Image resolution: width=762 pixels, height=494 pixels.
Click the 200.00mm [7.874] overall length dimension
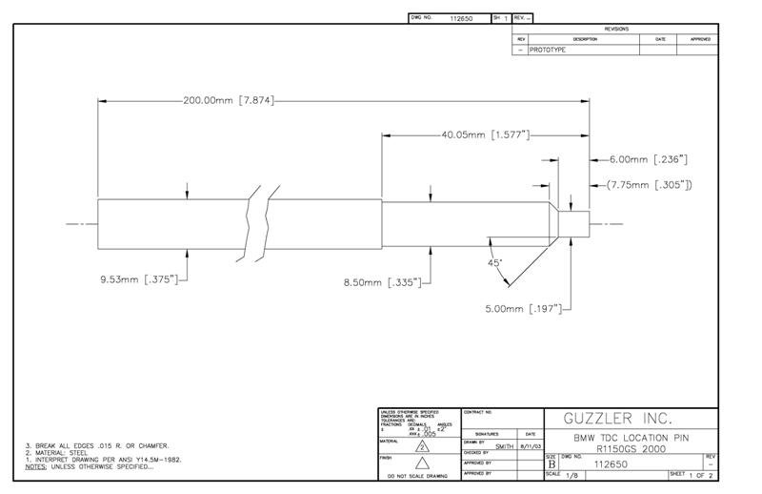point(229,100)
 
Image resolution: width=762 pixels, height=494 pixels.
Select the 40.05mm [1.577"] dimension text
point(485,135)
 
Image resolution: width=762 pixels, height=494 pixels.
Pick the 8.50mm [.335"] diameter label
point(381,282)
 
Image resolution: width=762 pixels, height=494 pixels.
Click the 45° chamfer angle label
point(494,262)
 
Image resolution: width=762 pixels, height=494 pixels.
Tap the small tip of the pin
point(573,225)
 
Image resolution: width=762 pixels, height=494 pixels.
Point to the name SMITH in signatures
point(505,444)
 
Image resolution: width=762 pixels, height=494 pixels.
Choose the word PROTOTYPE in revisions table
point(548,50)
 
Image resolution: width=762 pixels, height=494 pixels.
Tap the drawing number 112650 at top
point(461,18)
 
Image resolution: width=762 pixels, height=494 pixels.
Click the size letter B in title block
point(552,464)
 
